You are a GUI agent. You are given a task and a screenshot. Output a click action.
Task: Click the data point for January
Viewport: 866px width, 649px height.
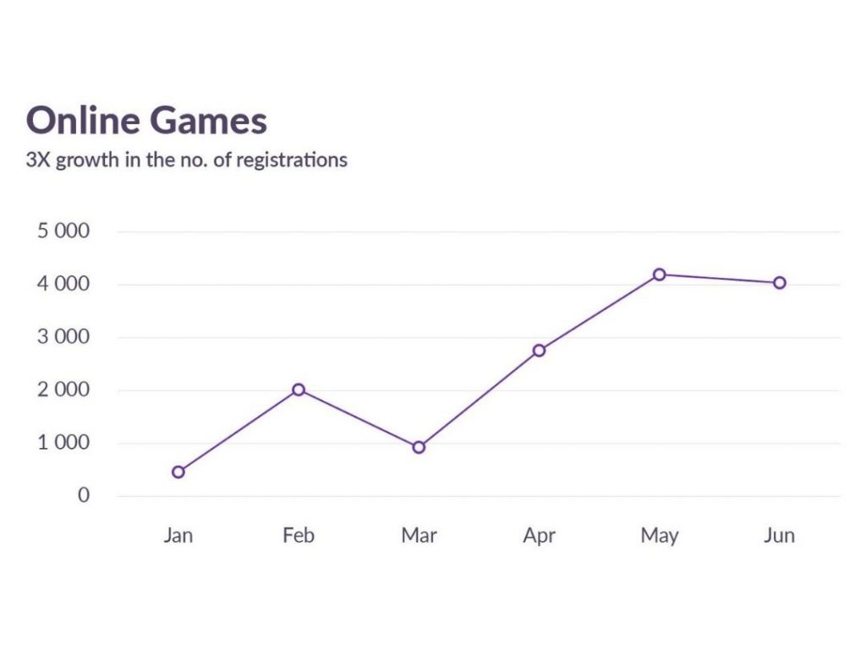point(178,472)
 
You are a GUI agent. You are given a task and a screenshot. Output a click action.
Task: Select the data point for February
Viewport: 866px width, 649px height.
point(299,390)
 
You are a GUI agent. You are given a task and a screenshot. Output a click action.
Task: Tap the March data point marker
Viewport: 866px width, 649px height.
point(419,447)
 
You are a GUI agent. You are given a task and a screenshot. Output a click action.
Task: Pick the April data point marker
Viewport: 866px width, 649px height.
point(539,350)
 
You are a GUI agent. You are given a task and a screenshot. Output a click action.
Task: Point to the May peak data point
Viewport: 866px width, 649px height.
point(659,274)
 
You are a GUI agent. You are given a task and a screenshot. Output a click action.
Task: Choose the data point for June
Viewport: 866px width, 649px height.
point(779,283)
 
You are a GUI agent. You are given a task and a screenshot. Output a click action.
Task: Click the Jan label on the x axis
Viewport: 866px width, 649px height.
point(178,536)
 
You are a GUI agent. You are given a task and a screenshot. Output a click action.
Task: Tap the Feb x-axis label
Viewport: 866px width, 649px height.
point(299,536)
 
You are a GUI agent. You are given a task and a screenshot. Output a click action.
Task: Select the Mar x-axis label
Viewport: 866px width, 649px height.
point(419,536)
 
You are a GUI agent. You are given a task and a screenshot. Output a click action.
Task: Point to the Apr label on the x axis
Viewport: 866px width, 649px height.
point(539,537)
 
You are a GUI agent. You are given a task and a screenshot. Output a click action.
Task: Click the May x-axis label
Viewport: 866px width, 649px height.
point(659,537)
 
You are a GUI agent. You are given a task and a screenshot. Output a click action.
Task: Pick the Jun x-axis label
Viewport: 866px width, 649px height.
point(779,536)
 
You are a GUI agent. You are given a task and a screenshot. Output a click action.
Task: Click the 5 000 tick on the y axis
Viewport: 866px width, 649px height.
point(63,232)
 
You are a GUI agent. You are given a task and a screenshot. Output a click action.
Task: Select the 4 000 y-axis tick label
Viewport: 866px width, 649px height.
point(63,285)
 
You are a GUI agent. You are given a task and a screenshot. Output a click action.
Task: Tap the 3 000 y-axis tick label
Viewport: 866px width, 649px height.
point(63,337)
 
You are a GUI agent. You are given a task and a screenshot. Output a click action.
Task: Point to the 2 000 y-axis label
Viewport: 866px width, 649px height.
point(63,390)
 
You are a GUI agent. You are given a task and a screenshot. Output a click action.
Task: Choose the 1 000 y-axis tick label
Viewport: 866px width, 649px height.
point(63,443)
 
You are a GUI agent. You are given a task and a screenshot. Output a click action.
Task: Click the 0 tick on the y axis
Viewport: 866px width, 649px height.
point(84,495)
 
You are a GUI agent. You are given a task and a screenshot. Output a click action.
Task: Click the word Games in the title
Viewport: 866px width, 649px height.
point(208,121)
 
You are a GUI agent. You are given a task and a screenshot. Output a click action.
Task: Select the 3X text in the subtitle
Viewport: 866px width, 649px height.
point(39,159)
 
